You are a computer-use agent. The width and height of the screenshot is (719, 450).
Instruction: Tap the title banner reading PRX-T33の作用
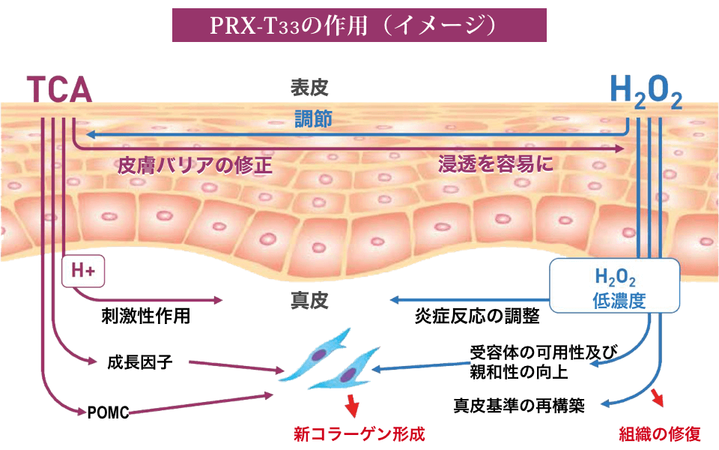point(359,25)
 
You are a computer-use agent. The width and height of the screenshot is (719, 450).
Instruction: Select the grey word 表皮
point(309,88)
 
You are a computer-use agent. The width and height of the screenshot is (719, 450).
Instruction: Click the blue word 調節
point(313,118)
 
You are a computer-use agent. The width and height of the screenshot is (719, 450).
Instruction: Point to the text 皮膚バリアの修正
point(194,166)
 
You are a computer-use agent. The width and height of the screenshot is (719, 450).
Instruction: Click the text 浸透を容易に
point(496,165)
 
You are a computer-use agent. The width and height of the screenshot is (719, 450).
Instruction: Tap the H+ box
point(82,271)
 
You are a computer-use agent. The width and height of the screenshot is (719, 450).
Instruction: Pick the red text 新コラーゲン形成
point(359,433)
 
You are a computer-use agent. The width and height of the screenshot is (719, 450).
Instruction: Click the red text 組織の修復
point(659,433)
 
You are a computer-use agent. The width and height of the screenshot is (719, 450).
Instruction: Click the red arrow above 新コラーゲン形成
point(351,407)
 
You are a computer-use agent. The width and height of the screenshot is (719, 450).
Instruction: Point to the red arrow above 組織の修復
point(658,397)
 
